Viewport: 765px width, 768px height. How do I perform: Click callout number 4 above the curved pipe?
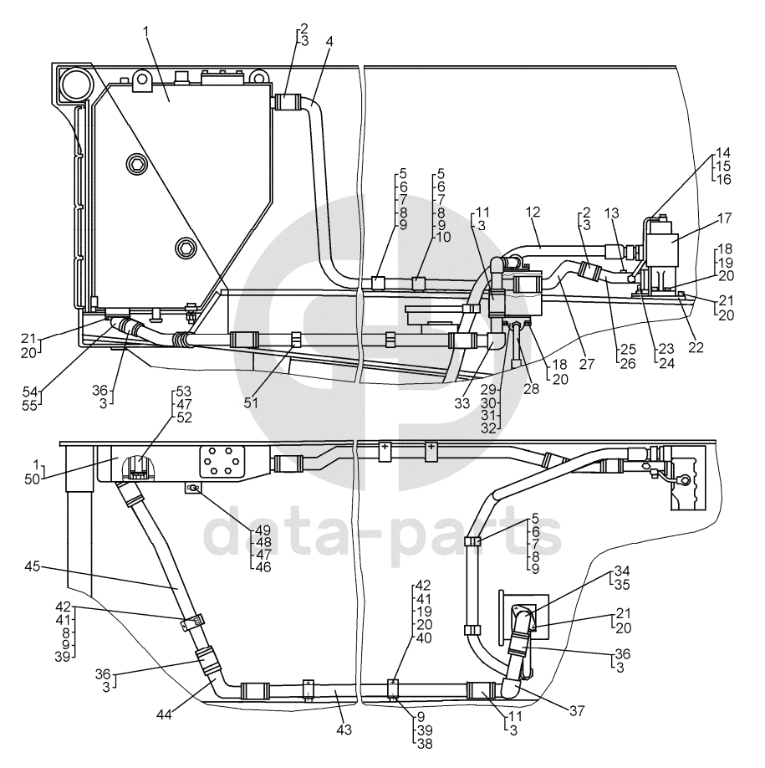(x=329, y=42)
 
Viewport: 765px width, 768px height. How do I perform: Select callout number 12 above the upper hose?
(x=533, y=212)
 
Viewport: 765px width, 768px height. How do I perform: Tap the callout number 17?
(x=724, y=218)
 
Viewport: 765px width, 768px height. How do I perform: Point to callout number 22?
(x=696, y=347)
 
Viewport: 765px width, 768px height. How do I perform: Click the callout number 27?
(x=586, y=364)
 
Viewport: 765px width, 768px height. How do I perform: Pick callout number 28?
(x=531, y=389)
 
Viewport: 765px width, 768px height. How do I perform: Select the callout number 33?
(x=462, y=403)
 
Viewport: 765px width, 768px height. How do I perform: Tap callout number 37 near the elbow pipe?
(x=578, y=711)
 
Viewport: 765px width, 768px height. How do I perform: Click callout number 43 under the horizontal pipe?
(x=344, y=730)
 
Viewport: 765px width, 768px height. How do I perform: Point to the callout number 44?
(x=165, y=715)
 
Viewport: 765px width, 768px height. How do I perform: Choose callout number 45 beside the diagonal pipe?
(x=33, y=566)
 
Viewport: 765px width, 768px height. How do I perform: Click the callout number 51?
(x=252, y=402)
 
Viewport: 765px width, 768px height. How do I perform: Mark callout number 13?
(x=612, y=213)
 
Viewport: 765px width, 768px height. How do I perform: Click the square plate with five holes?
(x=222, y=462)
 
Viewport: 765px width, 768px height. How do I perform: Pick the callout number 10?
(x=442, y=238)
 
